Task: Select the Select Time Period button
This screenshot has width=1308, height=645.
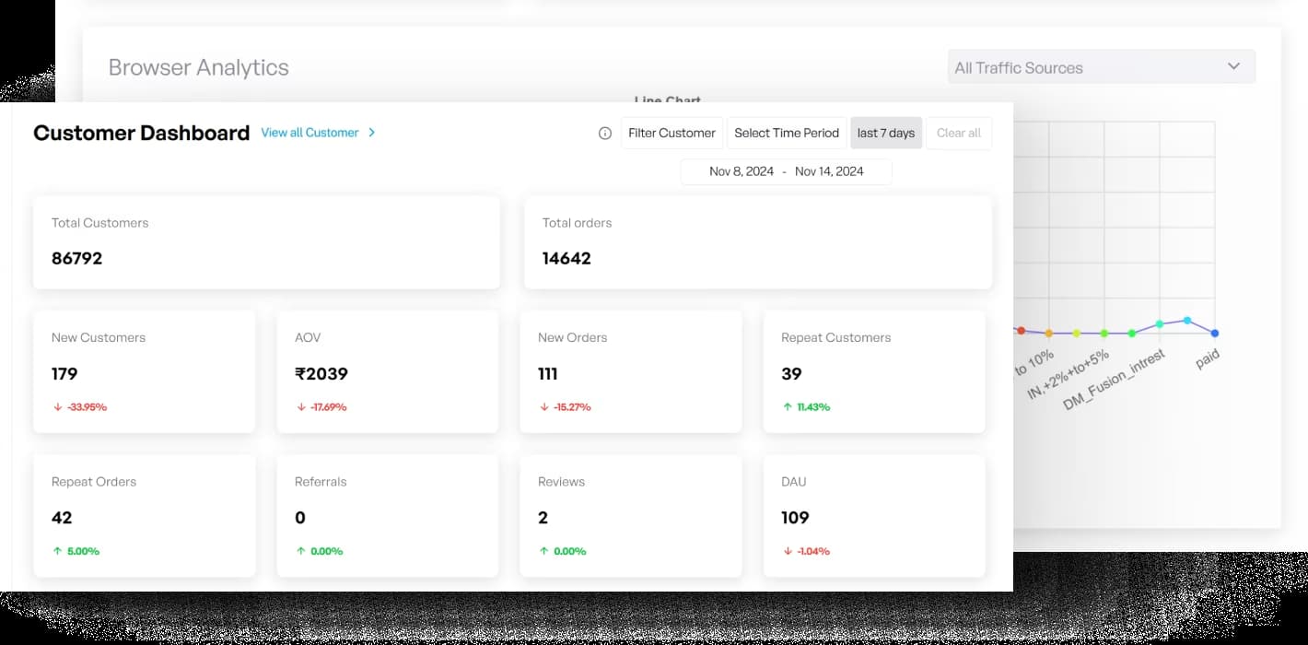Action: click(x=787, y=133)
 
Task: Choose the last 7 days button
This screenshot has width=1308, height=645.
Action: click(x=885, y=133)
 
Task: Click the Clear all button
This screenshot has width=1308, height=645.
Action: click(x=958, y=133)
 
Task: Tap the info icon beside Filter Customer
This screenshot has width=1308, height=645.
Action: click(x=605, y=133)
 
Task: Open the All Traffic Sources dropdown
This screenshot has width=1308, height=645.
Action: click(x=1101, y=67)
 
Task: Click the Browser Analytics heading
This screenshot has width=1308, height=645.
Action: click(x=198, y=67)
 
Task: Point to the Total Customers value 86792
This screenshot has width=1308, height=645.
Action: click(x=76, y=258)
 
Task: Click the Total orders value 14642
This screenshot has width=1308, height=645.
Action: click(x=566, y=258)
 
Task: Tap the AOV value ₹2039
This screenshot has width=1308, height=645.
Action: click(x=321, y=373)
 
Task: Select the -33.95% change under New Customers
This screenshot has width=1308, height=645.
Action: click(x=87, y=406)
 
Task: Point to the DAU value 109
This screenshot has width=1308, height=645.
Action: click(x=795, y=517)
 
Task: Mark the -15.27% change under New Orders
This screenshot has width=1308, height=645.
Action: click(x=572, y=406)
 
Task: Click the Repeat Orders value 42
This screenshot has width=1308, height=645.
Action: click(x=62, y=517)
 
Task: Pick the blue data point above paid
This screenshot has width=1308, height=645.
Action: click(x=1215, y=333)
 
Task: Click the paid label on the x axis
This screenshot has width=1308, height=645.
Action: click(x=1208, y=359)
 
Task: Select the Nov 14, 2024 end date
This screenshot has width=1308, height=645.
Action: click(x=829, y=171)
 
